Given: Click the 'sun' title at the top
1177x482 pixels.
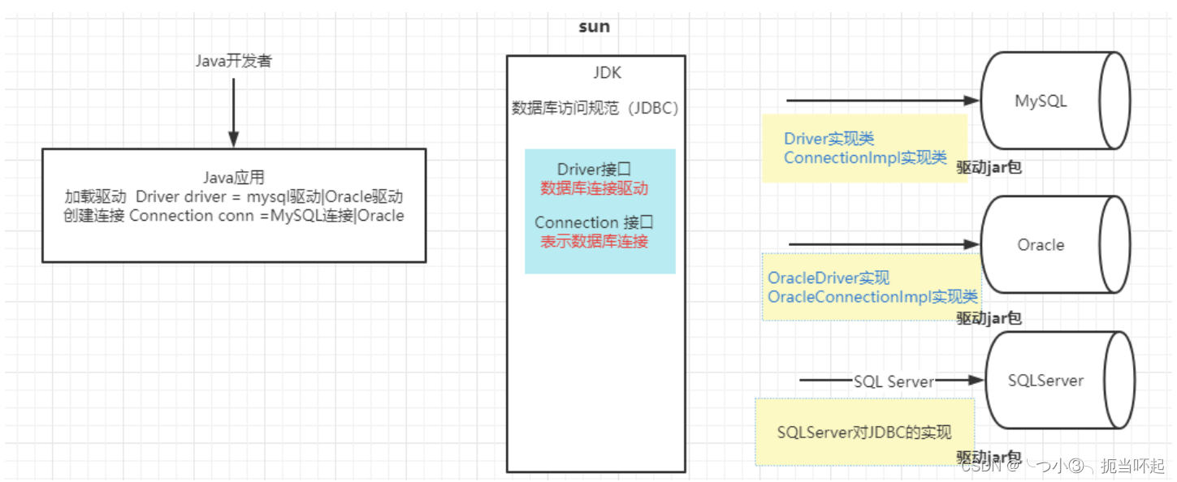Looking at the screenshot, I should (594, 27).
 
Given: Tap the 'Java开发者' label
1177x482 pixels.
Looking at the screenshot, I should (233, 61).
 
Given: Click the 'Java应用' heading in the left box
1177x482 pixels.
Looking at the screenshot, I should (233, 178).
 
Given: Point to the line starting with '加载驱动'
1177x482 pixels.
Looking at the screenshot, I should (233, 196).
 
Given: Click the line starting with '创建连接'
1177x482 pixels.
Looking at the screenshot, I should (233, 216).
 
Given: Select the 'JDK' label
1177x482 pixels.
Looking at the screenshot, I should (607, 73).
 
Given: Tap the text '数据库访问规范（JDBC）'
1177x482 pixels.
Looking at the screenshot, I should (595, 109).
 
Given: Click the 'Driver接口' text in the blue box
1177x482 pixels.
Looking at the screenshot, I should (594, 169).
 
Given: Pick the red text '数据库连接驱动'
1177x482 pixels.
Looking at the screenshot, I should (594, 187).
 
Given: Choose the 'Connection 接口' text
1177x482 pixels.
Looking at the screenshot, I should (594, 222).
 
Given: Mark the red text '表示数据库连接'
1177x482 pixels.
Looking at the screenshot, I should (594, 241).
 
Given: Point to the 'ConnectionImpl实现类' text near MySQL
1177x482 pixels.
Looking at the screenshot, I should (865, 157).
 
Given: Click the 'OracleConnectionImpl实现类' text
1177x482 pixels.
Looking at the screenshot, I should (872, 296).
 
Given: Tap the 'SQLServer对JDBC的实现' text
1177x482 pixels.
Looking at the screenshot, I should (863, 433).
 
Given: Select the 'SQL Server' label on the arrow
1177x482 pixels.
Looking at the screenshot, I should (894, 381).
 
